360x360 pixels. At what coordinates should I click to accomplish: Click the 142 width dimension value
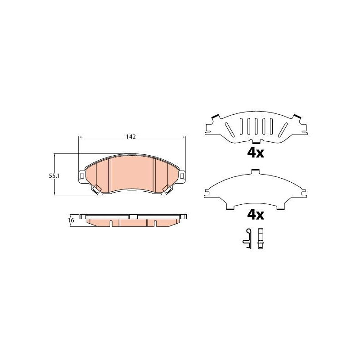pyautogui.click(x=131, y=137)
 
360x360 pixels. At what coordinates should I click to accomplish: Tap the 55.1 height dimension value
pyautogui.click(x=54, y=176)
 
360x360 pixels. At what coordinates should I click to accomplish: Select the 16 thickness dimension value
pyautogui.click(x=71, y=220)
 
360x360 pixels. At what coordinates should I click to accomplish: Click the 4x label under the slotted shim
pyautogui.click(x=256, y=153)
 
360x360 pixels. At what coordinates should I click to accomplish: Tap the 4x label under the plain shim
pyautogui.click(x=256, y=215)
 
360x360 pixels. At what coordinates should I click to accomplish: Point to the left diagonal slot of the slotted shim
pyautogui.click(x=229, y=130)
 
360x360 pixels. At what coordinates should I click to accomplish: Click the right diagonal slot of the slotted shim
pyautogui.click(x=283, y=130)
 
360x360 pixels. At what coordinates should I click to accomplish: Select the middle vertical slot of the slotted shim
pyautogui.click(x=256, y=126)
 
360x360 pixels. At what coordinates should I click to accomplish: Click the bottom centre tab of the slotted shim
pyautogui.click(x=256, y=141)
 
